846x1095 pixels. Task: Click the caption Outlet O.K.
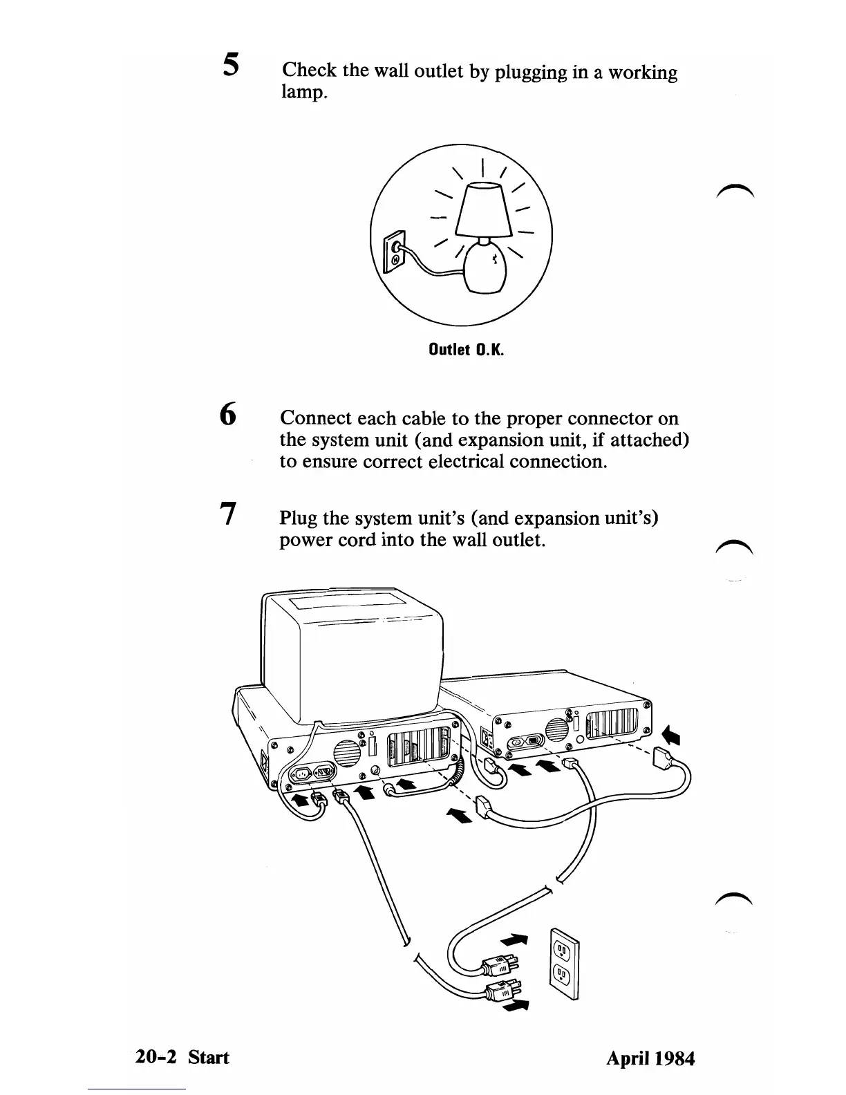(466, 350)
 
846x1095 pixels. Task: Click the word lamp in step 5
(302, 92)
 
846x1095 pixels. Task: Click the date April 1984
(650, 1058)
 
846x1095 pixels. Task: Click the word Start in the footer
(209, 1057)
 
